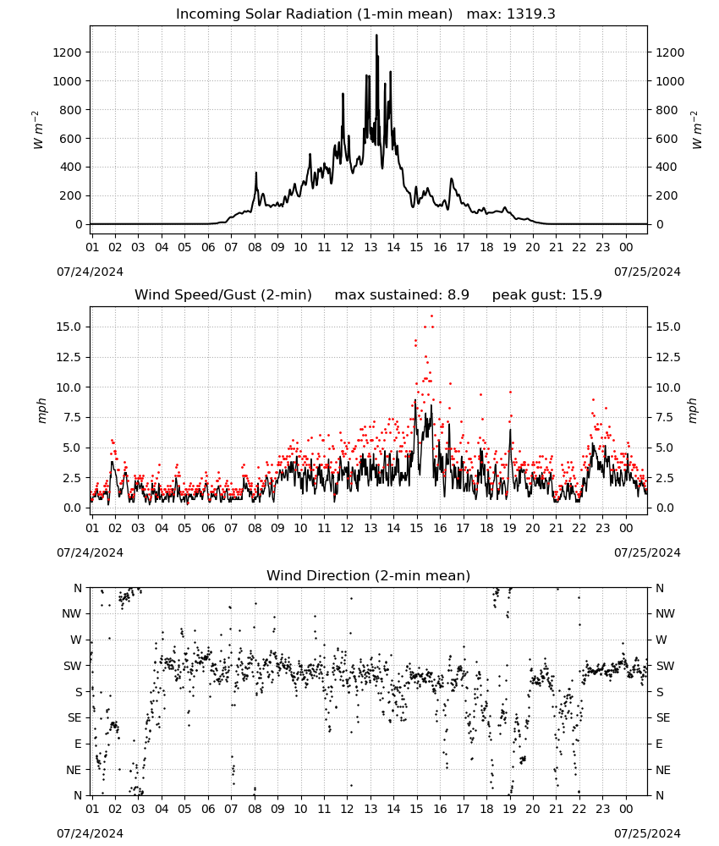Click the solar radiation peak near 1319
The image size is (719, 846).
376,36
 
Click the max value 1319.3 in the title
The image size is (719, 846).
530,14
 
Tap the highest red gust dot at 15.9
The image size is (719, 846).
431,316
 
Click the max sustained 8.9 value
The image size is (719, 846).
458,295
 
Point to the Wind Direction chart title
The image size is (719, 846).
369,575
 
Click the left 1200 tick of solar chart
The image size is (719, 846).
67,52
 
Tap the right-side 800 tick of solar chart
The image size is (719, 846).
667,110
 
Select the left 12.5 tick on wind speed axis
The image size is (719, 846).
69,357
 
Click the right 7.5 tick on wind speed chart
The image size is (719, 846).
664,418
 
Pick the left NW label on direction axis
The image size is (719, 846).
72,614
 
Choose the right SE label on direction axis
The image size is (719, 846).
663,718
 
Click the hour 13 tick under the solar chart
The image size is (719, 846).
370,248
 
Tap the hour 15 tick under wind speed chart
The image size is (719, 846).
416,528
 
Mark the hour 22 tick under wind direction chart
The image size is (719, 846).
579,810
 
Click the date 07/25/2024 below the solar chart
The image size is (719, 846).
647,272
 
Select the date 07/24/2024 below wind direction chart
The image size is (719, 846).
90,833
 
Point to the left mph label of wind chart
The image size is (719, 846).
42,410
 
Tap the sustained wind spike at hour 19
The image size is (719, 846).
510,430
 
